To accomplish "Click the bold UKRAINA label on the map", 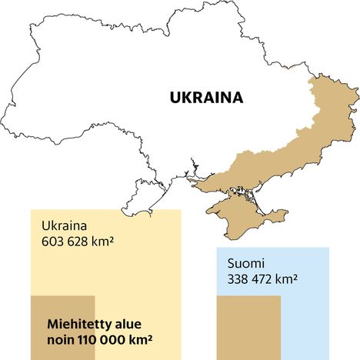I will point(205,98).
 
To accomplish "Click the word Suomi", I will point(245,264).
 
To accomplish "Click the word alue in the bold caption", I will point(126,325).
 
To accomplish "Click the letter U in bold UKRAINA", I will point(175,98).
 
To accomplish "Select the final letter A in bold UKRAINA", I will point(237,98).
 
